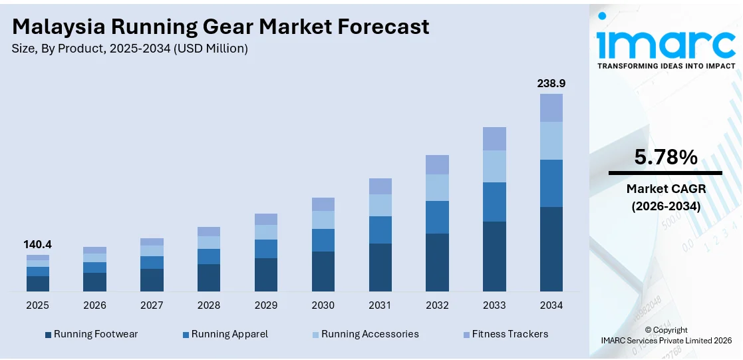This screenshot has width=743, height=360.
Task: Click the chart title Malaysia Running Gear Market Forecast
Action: pos(220,26)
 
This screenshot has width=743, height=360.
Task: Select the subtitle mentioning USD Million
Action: pos(130,49)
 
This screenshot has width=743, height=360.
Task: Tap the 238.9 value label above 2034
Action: pos(551,83)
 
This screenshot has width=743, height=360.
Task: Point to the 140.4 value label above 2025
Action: pos(38,244)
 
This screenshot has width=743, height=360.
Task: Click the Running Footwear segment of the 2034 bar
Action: pos(551,249)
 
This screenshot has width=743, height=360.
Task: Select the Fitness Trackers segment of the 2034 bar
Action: pos(551,108)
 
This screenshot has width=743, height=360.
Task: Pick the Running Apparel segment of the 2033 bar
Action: pos(494,202)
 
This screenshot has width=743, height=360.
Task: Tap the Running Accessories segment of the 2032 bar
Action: pos(437,187)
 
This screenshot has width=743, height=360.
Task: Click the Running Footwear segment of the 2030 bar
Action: pos(323,271)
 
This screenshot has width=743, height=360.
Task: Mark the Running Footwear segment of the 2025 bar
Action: pos(38,283)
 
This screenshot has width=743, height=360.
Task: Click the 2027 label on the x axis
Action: pos(152,305)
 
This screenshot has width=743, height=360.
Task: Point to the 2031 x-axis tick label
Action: pos(380,305)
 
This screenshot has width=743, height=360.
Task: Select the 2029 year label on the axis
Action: pos(266,305)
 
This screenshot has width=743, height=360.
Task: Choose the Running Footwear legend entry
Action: pos(95,334)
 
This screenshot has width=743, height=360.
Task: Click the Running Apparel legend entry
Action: pos(229,334)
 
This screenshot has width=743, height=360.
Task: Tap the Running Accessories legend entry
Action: pos(369,334)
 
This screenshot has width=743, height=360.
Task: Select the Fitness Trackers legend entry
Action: pos(510,334)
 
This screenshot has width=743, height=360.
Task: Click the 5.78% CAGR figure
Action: pos(665,158)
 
